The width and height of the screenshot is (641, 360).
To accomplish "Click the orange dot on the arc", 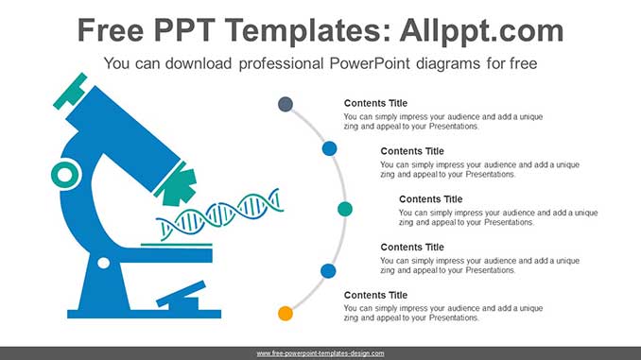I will tap(285, 313).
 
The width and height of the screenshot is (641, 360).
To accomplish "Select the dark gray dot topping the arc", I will tap(285, 104).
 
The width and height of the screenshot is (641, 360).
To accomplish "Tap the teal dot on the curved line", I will tap(345, 208).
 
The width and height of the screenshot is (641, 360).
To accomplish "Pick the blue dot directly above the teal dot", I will tap(329, 148).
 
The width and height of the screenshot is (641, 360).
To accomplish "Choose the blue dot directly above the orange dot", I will tap(328, 271).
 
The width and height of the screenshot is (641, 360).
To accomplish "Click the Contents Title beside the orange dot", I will tap(375, 295).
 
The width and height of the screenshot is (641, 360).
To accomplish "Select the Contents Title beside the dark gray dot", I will tap(375, 103).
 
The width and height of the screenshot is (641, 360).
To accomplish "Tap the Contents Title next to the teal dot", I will tap(430, 199).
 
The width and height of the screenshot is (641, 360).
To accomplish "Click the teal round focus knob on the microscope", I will tap(65, 174).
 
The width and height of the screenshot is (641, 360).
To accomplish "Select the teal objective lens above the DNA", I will tap(175, 183).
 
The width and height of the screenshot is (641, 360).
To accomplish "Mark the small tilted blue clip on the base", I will tap(181, 295).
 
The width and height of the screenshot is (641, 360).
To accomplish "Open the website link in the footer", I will tap(320, 352).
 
